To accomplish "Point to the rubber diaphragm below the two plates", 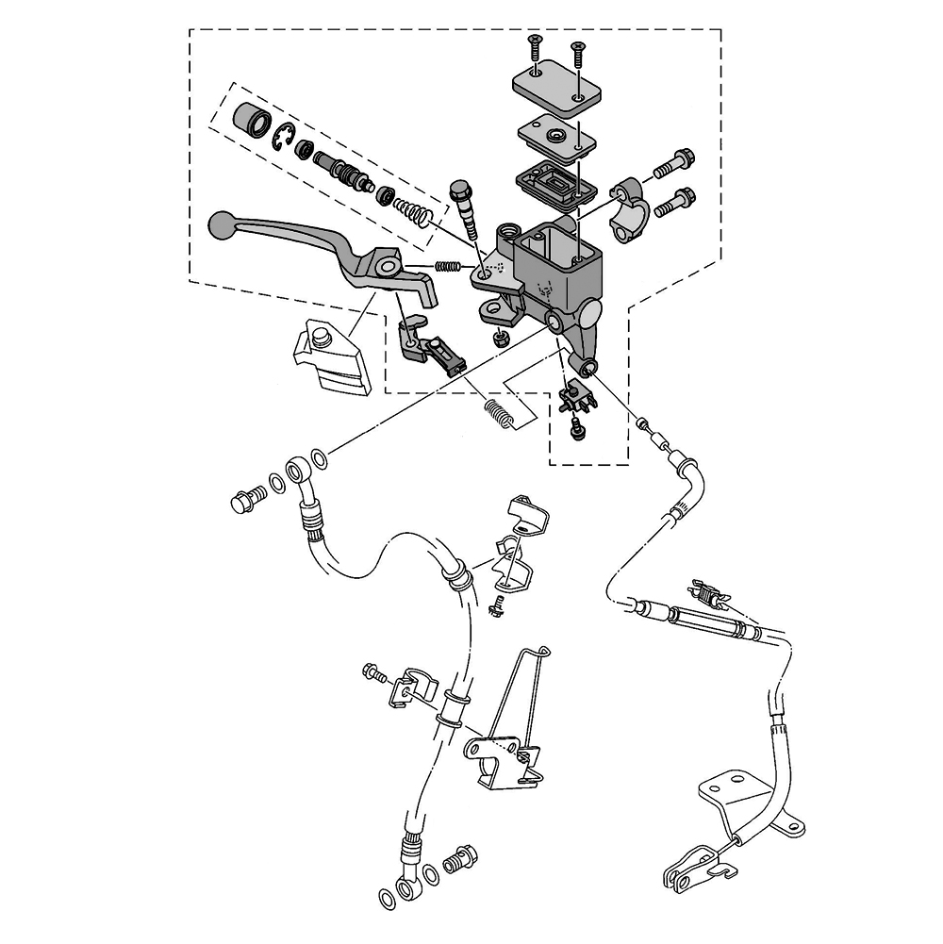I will coord(552,182).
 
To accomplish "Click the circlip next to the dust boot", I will coord(283,138).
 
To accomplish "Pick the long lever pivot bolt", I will coord(466,212).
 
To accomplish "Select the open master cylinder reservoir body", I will coord(556,269).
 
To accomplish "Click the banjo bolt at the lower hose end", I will coord(455,859).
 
